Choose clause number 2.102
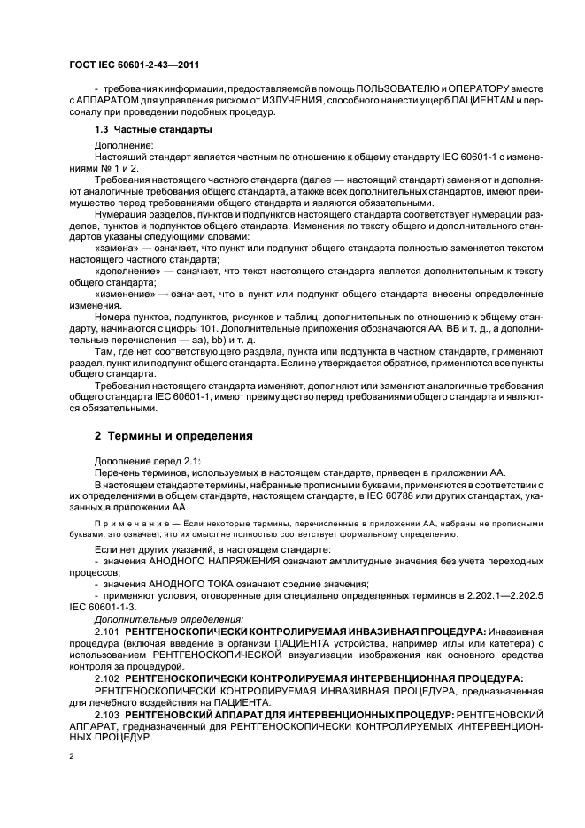108,678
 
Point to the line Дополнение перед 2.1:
148,460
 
